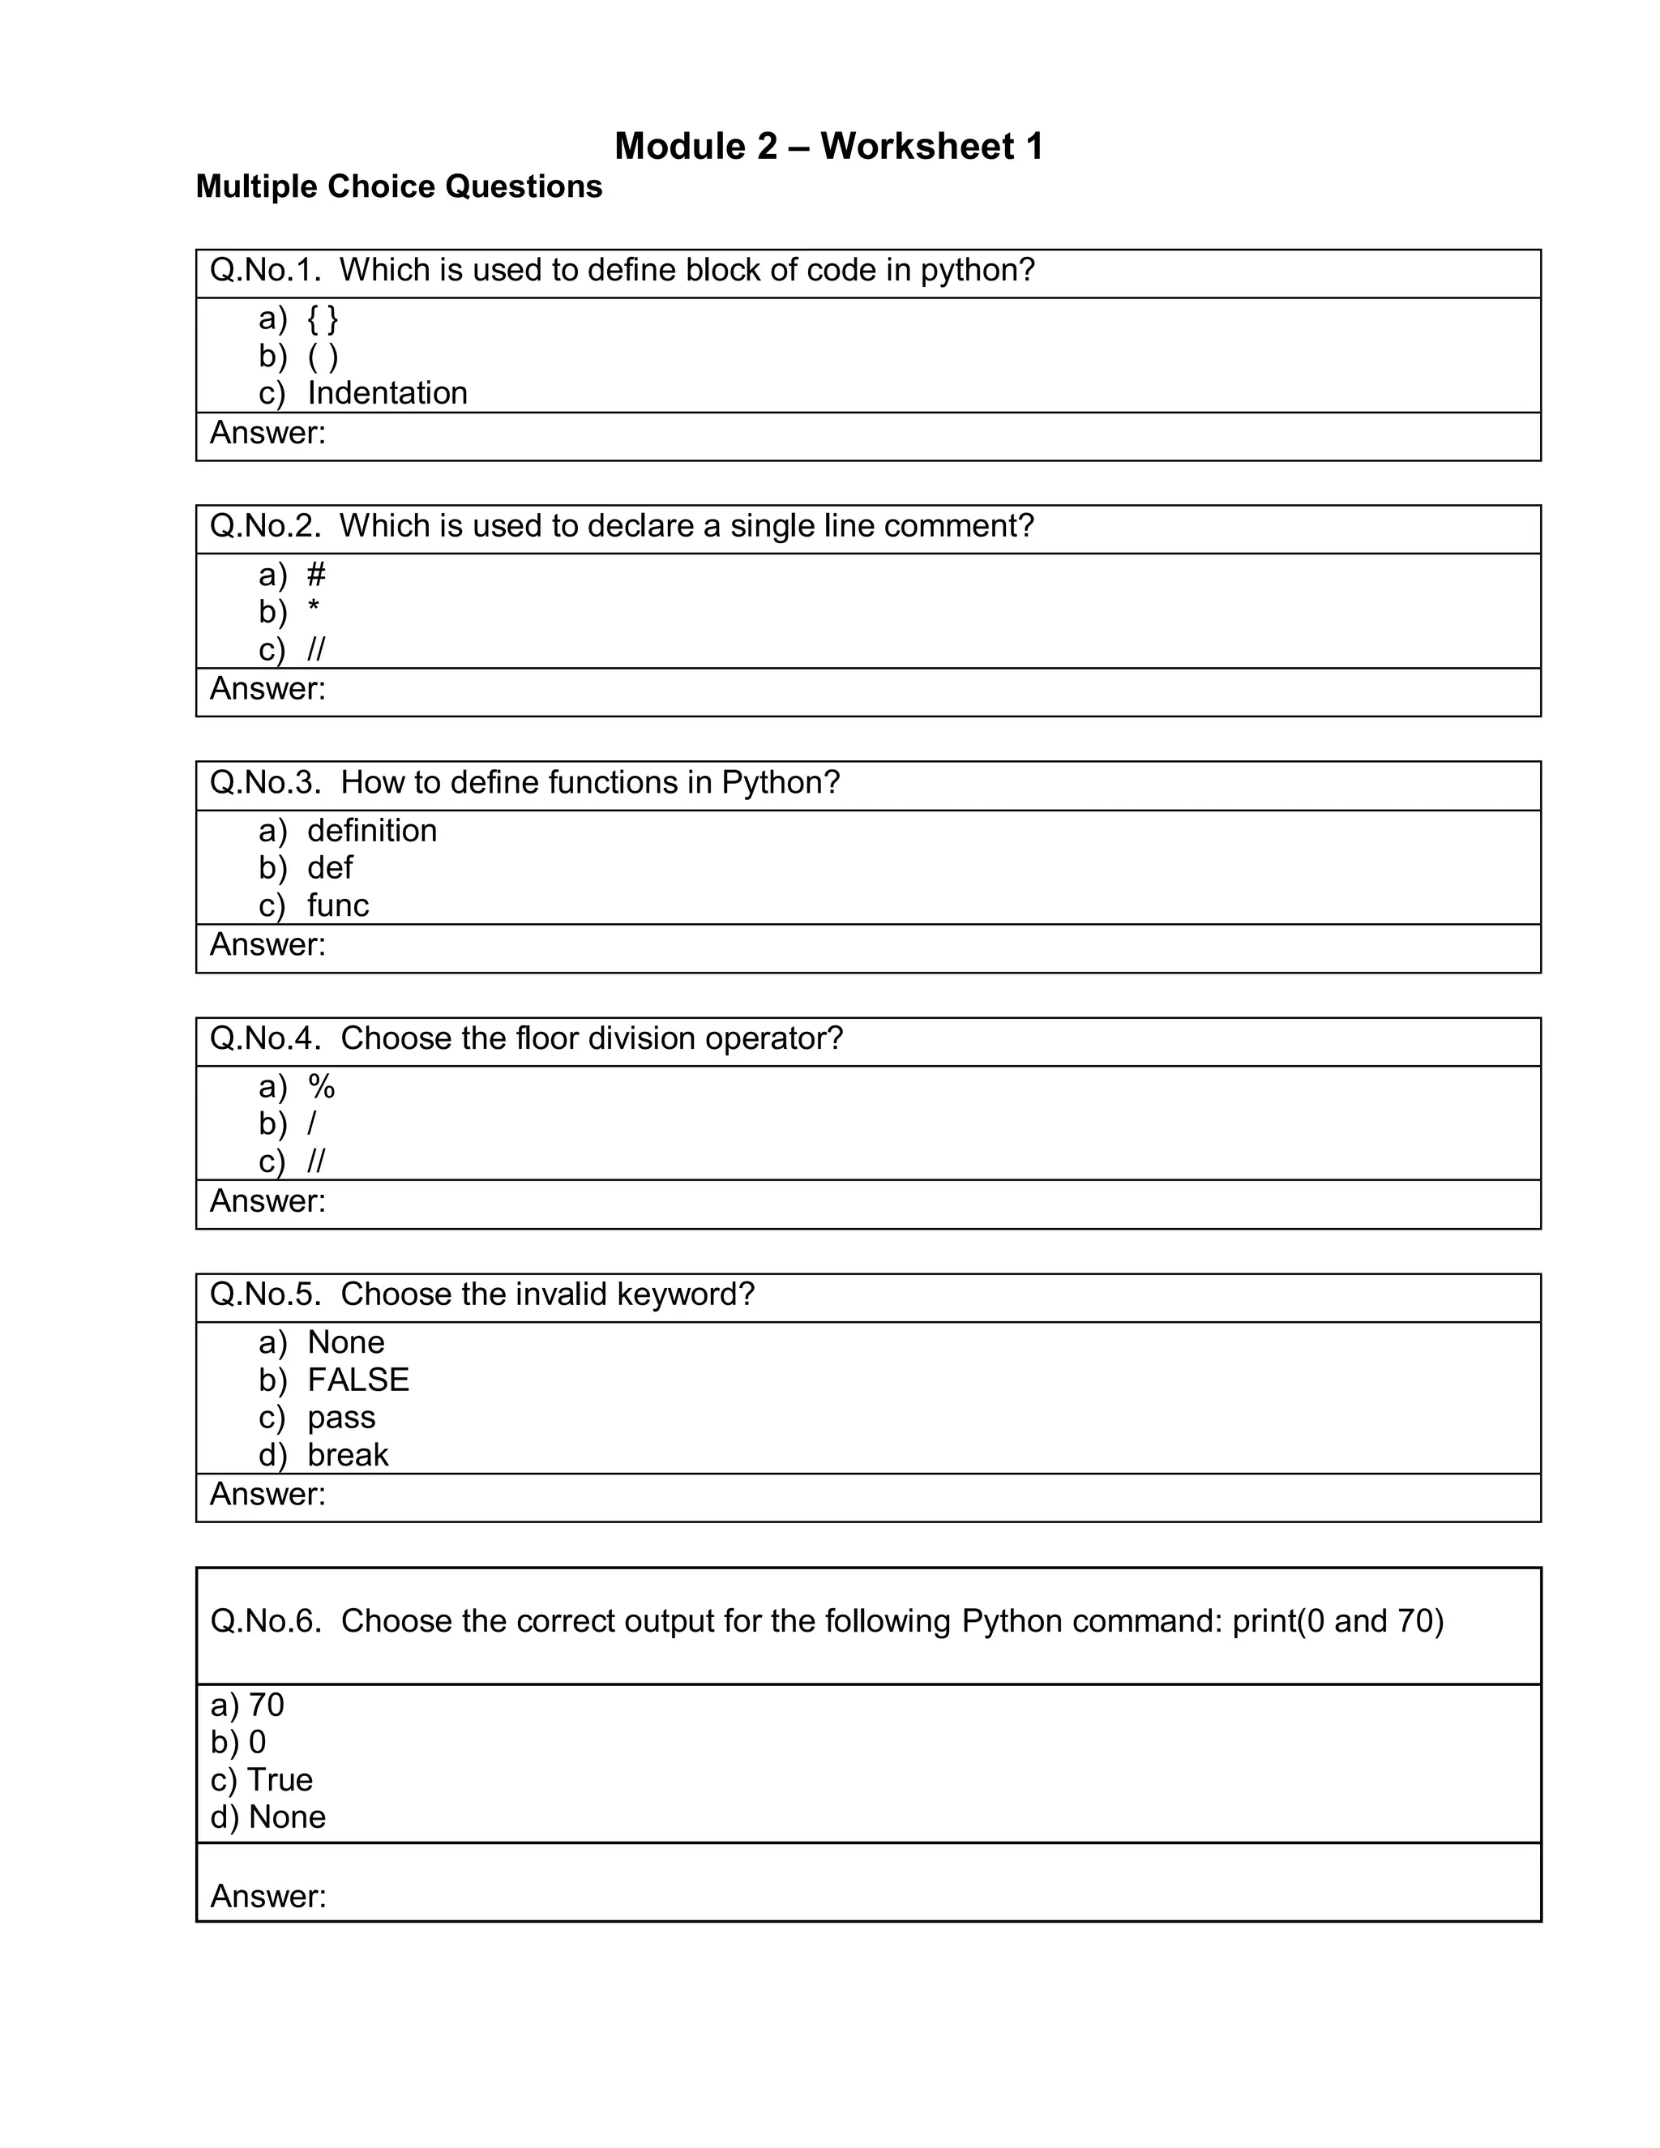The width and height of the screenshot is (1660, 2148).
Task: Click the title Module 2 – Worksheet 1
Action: [x=828, y=147]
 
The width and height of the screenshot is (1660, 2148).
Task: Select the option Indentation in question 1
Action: [x=387, y=393]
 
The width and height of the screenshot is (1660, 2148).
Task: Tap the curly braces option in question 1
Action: [x=323, y=319]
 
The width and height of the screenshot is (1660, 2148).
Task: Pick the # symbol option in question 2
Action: [x=315, y=575]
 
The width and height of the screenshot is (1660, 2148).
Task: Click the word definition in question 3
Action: [x=372, y=831]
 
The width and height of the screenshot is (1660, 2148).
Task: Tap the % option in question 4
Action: [x=322, y=1087]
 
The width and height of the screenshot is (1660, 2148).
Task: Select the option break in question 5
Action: [x=347, y=1455]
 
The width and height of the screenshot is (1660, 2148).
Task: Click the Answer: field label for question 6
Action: [x=267, y=1896]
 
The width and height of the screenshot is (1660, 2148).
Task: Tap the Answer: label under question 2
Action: [x=267, y=688]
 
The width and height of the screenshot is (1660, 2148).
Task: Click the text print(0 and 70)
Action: [x=1337, y=1621]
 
